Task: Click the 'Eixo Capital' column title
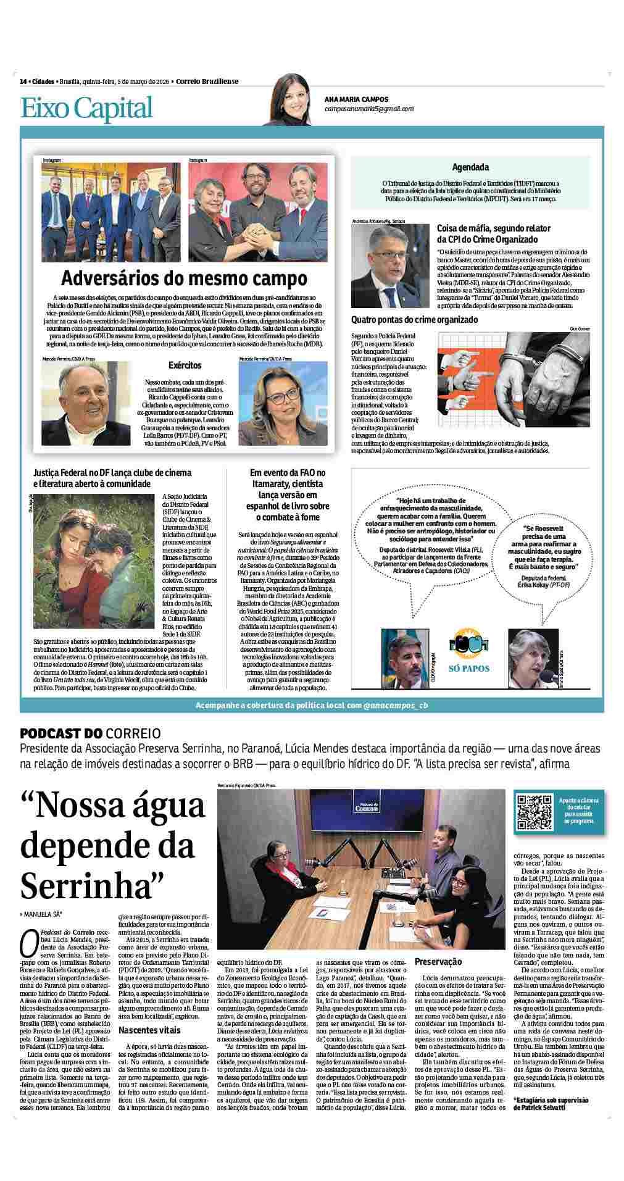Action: pyautogui.click(x=86, y=107)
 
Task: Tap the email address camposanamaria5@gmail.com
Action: pyautogui.click(x=368, y=109)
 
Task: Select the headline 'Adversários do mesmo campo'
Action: pyautogui.click(x=184, y=278)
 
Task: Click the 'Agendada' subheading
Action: pyautogui.click(x=470, y=167)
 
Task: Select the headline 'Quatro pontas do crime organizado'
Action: pyautogui.click(x=415, y=320)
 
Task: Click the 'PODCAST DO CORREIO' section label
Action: pyautogui.click(x=91, y=733)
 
